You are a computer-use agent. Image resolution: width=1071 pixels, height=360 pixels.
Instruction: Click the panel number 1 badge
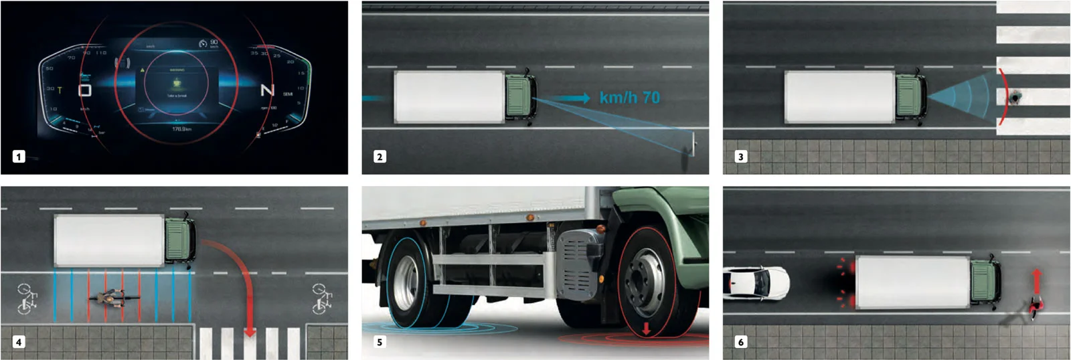click(19, 157)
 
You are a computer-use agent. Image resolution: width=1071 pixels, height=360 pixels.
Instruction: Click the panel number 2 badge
click(380, 157)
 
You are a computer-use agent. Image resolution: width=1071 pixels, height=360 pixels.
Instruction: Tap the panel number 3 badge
click(740, 157)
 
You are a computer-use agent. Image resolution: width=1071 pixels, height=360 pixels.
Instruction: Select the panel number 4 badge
click(19, 342)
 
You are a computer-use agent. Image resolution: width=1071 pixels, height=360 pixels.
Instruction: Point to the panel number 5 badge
click(380, 342)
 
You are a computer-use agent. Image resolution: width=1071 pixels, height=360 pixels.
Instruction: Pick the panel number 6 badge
click(740, 342)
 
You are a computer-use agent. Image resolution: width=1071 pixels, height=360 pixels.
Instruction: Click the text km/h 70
click(629, 98)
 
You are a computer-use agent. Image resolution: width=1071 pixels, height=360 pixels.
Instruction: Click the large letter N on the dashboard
click(267, 90)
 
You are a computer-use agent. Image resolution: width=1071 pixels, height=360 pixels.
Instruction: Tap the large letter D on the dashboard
click(85, 90)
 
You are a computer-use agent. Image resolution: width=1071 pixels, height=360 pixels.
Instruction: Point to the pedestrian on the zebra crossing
click(1016, 98)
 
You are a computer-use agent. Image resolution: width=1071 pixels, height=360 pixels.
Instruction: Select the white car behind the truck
click(756, 282)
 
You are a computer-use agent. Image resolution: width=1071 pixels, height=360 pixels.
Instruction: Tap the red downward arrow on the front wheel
click(646, 329)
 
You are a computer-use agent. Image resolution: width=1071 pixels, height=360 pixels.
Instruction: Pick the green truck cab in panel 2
click(519, 98)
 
